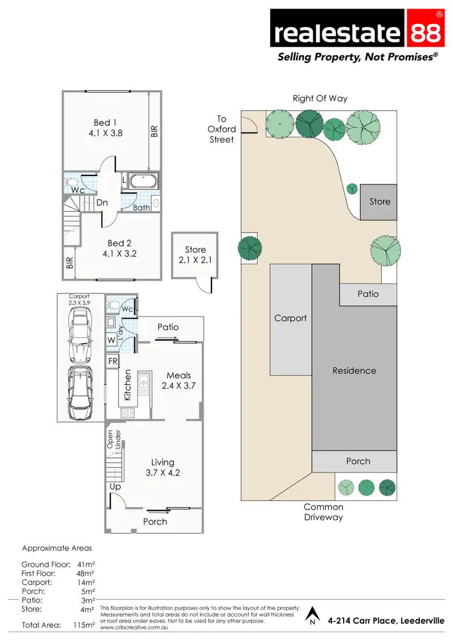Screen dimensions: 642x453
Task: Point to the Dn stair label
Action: tap(102, 203)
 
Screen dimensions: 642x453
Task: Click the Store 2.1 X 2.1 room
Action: tap(195, 255)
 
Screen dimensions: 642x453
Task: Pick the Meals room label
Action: tap(179, 375)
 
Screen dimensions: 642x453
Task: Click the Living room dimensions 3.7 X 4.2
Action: tap(162, 473)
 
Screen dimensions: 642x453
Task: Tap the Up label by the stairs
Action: tap(115, 486)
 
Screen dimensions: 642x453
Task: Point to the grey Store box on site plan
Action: tap(379, 202)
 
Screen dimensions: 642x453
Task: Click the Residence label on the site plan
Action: tap(354, 370)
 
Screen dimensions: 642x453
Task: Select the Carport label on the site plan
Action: tap(291, 318)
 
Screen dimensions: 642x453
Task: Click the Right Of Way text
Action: tap(320, 98)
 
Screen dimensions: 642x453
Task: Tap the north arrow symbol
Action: tap(312, 616)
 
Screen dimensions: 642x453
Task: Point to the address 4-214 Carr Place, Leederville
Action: tap(385, 621)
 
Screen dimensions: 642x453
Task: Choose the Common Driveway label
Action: tap(323, 512)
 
